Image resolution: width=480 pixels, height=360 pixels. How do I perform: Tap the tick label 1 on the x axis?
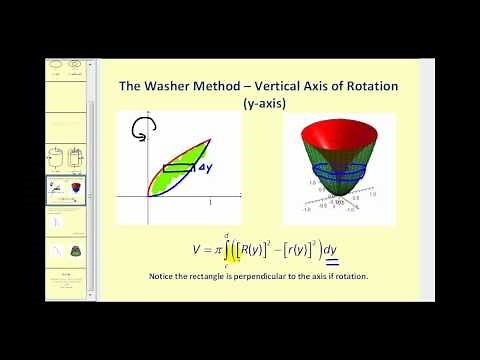pos(211,203)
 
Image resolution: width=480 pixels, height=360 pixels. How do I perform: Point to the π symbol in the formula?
pos(218,250)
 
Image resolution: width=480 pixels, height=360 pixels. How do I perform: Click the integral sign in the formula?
pos(230,249)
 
